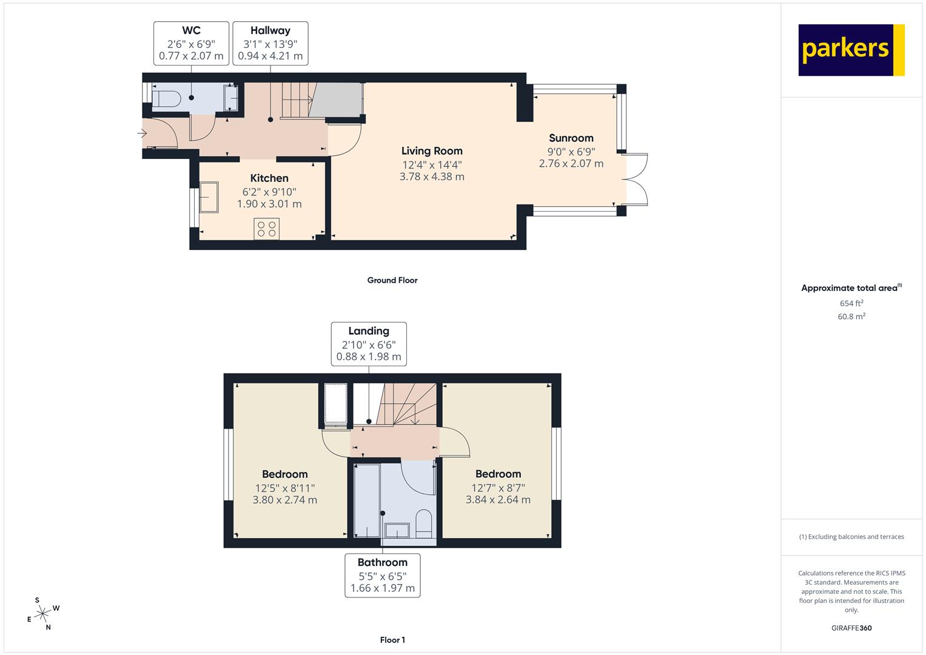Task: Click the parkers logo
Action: point(851,50)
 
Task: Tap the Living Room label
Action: point(432,151)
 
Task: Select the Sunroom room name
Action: point(571,138)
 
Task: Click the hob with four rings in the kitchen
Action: point(267,229)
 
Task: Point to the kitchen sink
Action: point(209,197)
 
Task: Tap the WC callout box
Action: point(191,44)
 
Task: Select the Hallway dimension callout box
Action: point(270,44)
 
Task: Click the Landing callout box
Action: point(369,344)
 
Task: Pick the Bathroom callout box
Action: point(383,575)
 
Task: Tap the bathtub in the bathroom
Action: point(367,501)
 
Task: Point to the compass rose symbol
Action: point(43,614)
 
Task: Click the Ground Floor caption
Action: point(392,280)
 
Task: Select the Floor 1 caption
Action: point(392,640)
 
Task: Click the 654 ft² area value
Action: point(851,303)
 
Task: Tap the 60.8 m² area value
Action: point(851,317)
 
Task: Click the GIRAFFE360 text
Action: point(851,628)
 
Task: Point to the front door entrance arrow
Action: point(143,133)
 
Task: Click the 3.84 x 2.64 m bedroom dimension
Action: point(498,500)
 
